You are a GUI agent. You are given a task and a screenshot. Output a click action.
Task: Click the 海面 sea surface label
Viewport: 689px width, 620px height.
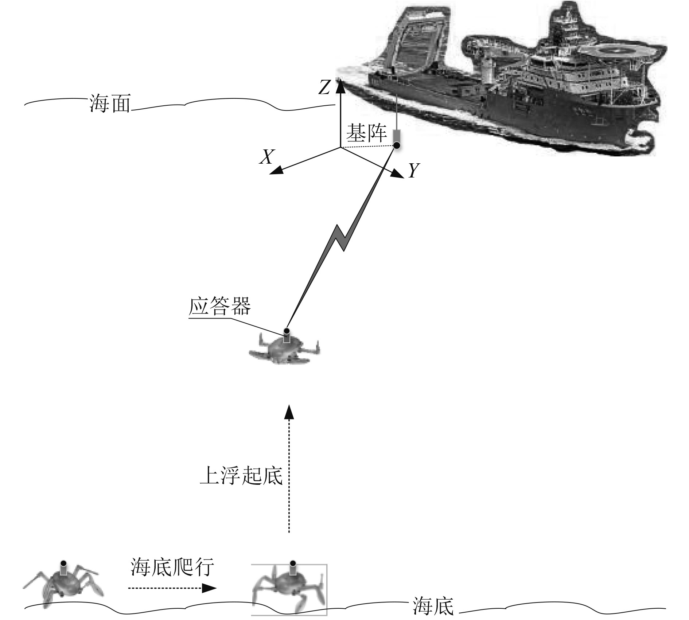(x=110, y=104)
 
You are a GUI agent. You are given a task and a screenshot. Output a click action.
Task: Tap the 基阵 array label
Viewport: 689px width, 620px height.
(x=366, y=133)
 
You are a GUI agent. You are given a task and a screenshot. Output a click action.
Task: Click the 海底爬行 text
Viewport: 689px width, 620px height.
(x=172, y=567)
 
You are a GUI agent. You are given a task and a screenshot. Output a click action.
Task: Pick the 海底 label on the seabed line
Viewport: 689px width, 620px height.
(x=433, y=607)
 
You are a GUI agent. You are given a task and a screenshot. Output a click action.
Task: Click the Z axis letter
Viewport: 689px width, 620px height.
(x=324, y=88)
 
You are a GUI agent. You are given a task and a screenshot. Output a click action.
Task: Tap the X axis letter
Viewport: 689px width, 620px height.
(x=266, y=157)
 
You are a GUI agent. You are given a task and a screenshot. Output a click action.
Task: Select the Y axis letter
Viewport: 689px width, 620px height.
(x=413, y=170)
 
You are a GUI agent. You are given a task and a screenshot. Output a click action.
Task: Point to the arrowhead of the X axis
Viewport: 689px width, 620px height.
(x=276, y=170)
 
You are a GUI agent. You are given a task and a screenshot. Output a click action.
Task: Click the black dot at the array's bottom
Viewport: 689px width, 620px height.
(x=397, y=145)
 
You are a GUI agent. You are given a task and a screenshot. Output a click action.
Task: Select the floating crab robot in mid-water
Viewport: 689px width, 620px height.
(x=284, y=349)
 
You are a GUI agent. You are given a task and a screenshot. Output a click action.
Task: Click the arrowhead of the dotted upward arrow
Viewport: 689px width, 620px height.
(x=289, y=411)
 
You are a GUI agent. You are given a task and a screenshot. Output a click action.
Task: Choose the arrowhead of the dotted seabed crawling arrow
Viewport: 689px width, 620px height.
(x=209, y=588)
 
